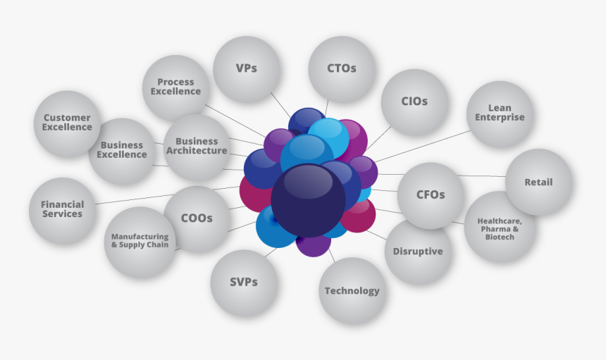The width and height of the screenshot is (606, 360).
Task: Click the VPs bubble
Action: click(246, 69)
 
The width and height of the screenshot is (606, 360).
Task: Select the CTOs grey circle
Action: click(342, 69)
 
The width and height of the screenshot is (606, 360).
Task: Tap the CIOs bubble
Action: click(414, 101)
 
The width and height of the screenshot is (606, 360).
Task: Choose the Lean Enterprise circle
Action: click(500, 113)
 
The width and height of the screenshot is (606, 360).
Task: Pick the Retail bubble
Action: click(538, 182)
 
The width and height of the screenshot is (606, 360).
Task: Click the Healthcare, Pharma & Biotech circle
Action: click(499, 228)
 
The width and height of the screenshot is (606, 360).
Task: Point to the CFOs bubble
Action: click(431, 195)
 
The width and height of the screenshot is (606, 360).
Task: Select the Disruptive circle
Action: click(418, 252)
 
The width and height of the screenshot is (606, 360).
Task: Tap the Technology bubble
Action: click(352, 291)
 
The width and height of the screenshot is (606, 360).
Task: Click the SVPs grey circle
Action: click(244, 283)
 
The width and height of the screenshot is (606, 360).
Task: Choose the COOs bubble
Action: click(197, 218)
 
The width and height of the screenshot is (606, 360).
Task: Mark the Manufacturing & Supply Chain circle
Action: click(140, 241)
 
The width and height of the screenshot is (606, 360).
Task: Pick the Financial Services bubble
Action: click(62, 209)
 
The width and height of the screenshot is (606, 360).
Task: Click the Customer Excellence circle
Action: click(67, 123)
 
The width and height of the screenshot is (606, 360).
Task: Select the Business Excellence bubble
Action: click(122, 150)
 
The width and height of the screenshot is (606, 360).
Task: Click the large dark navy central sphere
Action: click(308, 199)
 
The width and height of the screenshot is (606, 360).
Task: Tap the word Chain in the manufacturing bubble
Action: click(157, 245)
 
